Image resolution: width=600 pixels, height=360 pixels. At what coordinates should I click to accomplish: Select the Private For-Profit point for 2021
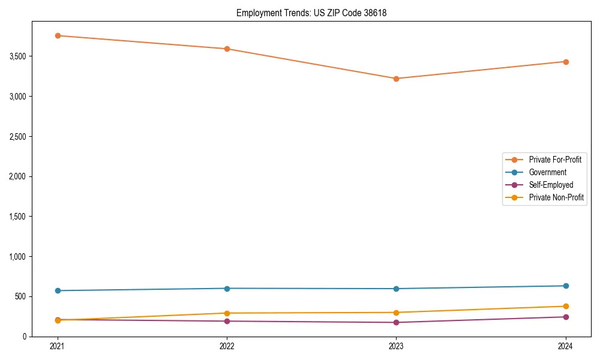58,35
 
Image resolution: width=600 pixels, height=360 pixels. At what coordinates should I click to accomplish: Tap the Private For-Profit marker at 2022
227,49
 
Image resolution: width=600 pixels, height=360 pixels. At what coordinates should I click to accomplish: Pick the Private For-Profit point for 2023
396,79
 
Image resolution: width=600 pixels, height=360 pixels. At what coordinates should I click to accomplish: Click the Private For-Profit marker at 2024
565,62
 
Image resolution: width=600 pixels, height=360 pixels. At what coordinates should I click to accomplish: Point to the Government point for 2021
58,290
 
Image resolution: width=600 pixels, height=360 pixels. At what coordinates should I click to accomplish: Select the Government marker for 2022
227,289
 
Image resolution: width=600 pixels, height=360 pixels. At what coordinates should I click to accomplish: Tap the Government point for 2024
565,286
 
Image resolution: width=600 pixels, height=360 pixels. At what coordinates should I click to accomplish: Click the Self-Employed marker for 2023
396,322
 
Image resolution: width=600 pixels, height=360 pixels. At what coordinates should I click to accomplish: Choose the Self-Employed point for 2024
565,317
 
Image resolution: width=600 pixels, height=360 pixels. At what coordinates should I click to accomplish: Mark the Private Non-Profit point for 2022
227,313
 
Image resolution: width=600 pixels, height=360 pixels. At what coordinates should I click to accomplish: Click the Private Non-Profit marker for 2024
565,306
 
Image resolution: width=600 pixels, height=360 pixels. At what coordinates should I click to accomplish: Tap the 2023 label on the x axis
396,346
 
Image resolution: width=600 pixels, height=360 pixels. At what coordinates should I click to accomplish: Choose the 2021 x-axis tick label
58,346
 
